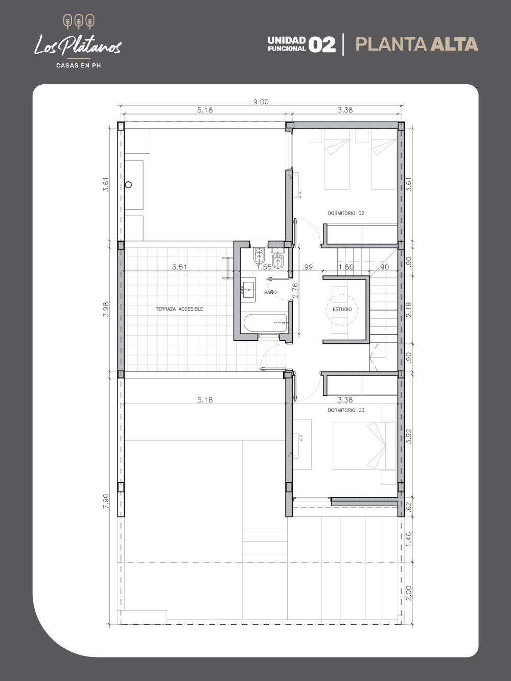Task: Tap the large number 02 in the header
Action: click(322, 44)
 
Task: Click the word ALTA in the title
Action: click(454, 44)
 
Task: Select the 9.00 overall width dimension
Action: click(261, 102)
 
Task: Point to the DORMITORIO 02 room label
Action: click(346, 213)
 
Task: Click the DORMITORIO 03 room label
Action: click(346, 410)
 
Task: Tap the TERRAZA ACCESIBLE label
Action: click(179, 309)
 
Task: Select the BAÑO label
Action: click(270, 292)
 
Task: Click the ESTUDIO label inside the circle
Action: click(342, 309)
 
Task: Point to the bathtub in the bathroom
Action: click(266, 323)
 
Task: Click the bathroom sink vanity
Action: click(248, 290)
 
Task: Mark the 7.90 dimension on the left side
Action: click(106, 501)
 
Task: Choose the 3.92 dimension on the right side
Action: click(409, 436)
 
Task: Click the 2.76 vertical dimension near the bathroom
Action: click(295, 291)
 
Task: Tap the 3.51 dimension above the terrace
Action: click(179, 267)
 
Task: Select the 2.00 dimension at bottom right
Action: click(409, 593)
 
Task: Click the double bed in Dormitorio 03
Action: click(364, 445)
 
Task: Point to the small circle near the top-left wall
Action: click(128, 184)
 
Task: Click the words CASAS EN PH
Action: click(79, 66)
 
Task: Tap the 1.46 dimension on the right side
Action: click(409, 539)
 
